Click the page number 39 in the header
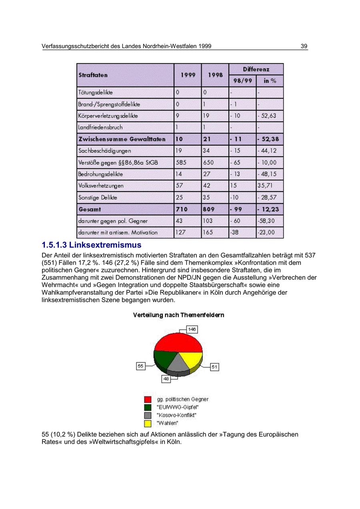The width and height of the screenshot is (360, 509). (x=304, y=46)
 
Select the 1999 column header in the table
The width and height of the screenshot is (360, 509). (x=188, y=75)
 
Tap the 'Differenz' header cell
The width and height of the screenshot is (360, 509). (x=256, y=69)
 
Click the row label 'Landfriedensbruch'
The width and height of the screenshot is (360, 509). (x=101, y=128)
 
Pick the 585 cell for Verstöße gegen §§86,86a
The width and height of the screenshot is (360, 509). (x=181, y=163)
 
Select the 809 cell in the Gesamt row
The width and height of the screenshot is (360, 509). (x=208, y=209)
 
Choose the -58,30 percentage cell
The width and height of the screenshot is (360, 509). (x=266, y=221)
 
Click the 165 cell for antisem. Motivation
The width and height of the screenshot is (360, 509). (x=208, y=232)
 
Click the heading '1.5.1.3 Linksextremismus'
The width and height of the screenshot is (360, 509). (x=92, y=245)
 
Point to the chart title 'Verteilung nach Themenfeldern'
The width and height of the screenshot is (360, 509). (x=178, y=315)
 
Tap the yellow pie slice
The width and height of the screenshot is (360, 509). (x=190, y=359)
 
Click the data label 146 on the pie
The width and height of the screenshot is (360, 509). (x=192, y=329)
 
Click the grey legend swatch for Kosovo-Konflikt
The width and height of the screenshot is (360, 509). (x=148, y=415)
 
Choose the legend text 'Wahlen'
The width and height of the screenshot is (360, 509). (x=168, y=423)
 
